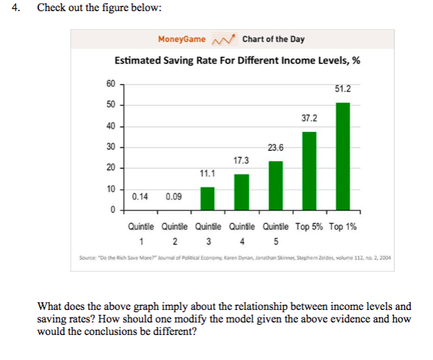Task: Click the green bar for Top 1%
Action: click(343, 156)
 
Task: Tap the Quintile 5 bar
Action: click(275, 185)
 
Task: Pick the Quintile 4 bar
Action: click(241, 191)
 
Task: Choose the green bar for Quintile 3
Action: click(207, 198)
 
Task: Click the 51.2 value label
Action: click(343, 90)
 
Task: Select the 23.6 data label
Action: click(276, 147)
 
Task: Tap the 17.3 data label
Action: click(241, 161)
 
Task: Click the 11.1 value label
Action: click(207, 174)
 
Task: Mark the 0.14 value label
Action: click(140, 197)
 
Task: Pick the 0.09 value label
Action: click(174, 197)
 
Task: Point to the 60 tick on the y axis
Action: click(111, 83)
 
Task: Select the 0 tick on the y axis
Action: click(112, 210)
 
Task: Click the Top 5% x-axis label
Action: click(309, 227)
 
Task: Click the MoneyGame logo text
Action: click(181, 39)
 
